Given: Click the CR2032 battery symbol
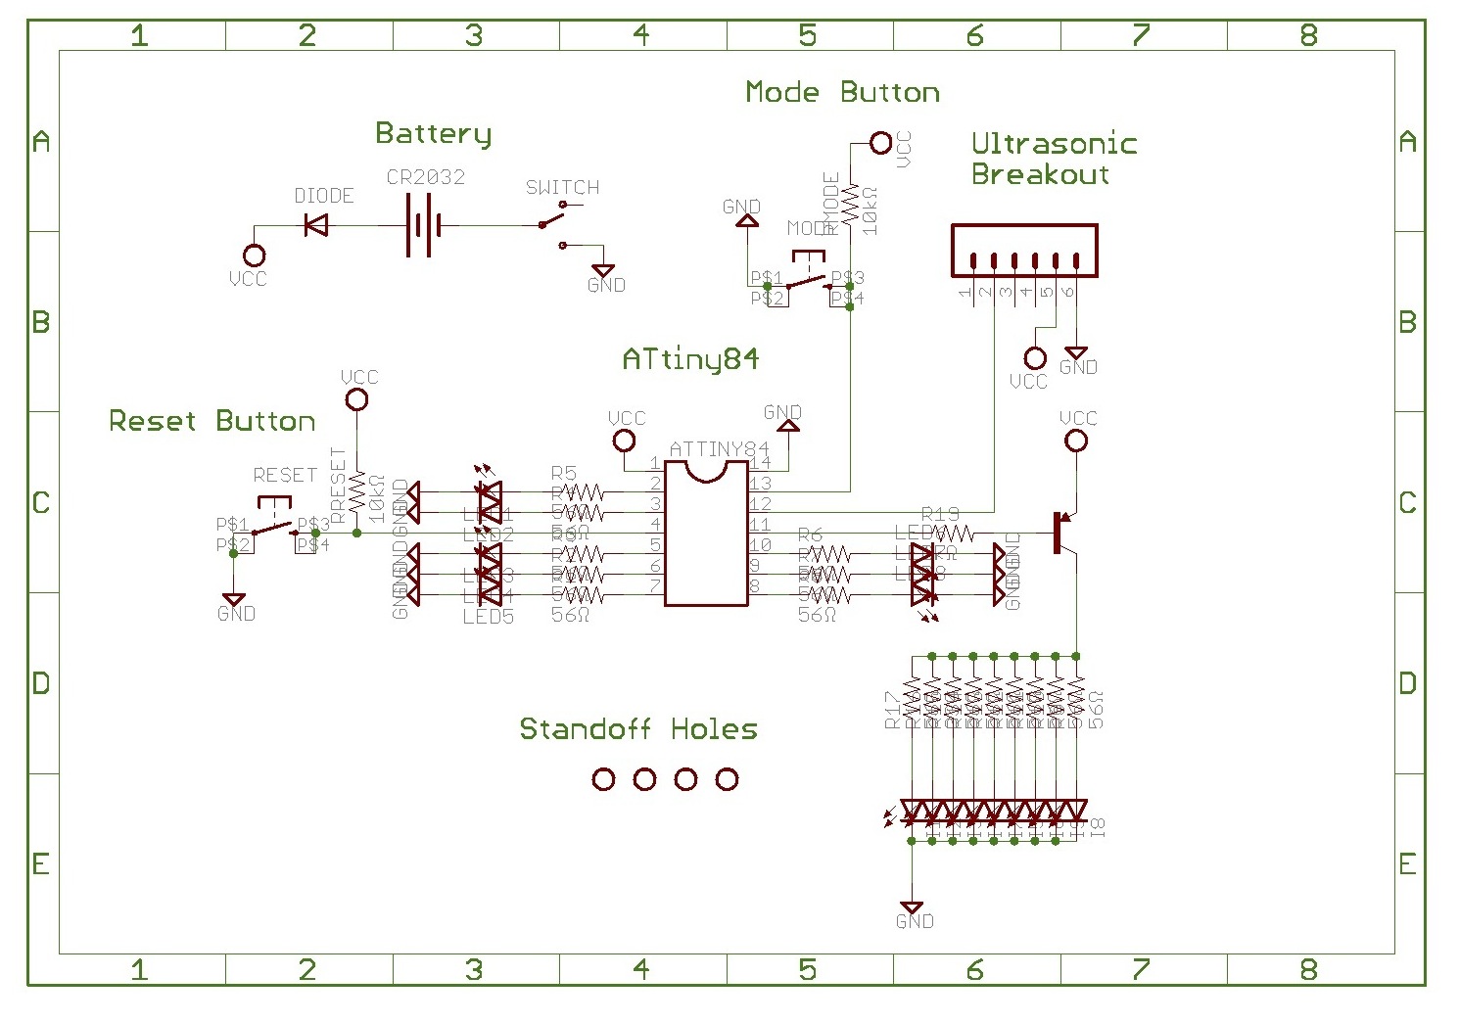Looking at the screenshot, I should coord(423,226).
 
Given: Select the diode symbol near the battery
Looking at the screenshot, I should coord(315,226).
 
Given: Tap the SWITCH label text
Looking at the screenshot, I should coord(562,187).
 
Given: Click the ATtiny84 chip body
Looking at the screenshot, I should coord(706,534).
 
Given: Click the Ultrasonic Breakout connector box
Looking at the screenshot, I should coord(1024,251).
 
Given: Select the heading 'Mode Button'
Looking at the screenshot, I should coord(842,92).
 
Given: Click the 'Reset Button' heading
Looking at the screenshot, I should coord(212,421).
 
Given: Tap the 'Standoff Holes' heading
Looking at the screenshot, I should coord(637,729).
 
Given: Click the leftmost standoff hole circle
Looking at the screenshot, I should coord(604,779).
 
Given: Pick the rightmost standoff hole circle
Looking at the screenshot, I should coord(727,779).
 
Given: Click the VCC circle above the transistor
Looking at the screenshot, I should coord(1076,442).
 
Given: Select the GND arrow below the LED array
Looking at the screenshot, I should coord(911,908).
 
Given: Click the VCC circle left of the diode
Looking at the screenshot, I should coord(254,256).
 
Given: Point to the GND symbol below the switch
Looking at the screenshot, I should coord(603,271).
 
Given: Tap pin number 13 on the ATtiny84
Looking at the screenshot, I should coord(760,484).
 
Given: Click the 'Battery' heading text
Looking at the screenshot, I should coord(433,134).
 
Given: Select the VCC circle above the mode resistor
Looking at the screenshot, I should coord(881,144).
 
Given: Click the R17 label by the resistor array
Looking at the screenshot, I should coord(892,710).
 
